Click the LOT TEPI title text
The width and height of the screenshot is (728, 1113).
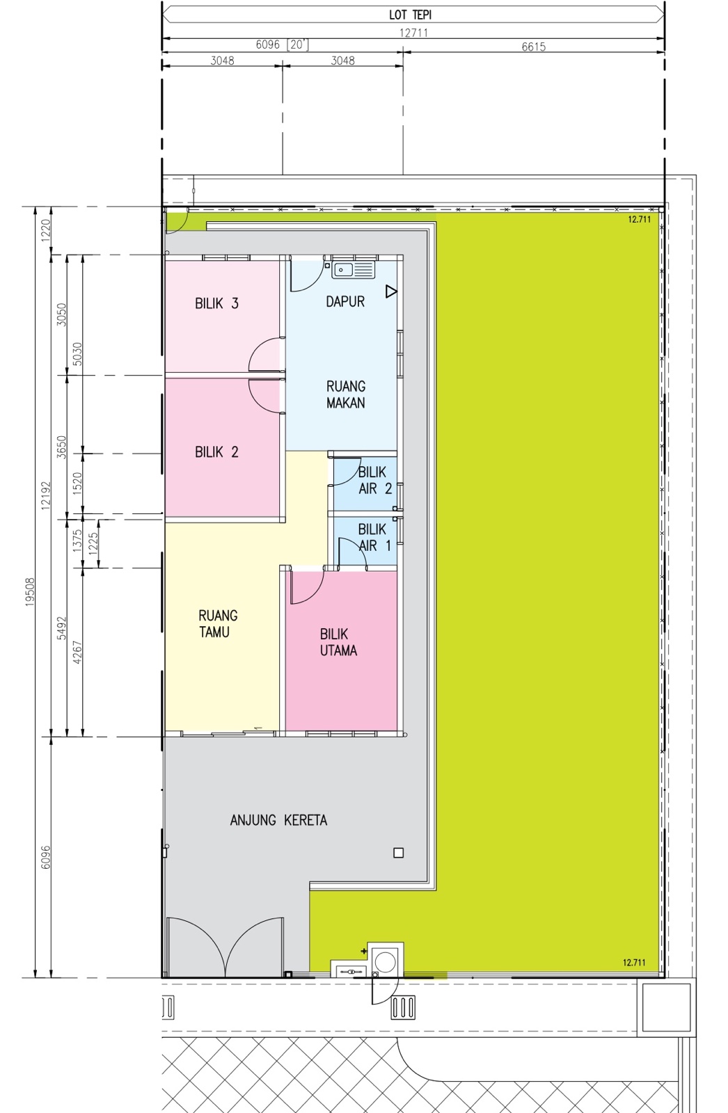[x=410, y=15]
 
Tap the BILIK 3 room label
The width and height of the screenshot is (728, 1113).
[x=217, y=303]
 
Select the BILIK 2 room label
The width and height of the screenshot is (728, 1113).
[x=217, y=451]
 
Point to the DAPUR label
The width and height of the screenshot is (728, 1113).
[x=345, y=302]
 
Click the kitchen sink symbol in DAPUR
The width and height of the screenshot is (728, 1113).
[x=353, y=270]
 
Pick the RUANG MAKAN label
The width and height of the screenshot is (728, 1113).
[x=346, y=394]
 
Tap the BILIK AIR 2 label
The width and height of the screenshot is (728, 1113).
[x=375, y=481]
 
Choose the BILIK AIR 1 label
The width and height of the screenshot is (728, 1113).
[x=375, y=538]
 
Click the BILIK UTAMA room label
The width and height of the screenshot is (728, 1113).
[x=338, y=642]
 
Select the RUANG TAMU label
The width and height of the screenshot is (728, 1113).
[x=218, y=623]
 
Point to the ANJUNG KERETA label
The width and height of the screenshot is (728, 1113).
[x=278, y=820]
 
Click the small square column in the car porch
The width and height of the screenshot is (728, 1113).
[x=398, y=853]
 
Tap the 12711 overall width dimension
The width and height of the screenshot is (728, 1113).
[x=413, y=33]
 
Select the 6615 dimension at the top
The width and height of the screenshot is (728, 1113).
[x=534, y=47]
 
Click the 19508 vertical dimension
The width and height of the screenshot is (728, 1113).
[x=31, y=591]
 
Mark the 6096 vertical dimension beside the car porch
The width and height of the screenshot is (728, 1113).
[x=46, y=857]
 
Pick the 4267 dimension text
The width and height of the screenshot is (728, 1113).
[x=77, y=652]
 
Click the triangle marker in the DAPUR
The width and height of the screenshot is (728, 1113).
[x=391, y=291]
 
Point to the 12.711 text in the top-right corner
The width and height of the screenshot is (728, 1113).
[x=640, y=219]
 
